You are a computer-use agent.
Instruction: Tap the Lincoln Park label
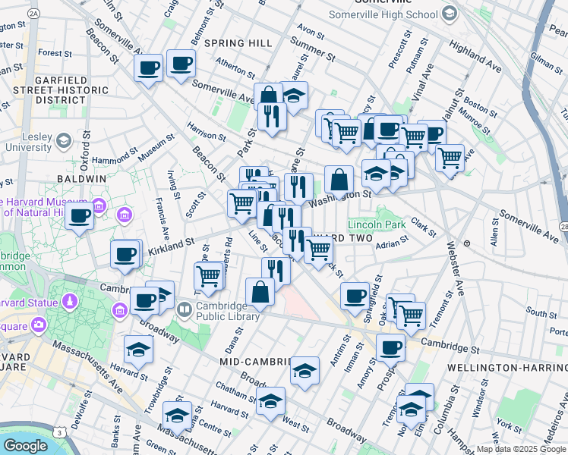pyautogui.click(x=372, y=224)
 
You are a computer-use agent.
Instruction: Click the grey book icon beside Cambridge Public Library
pyautogui.click(x=184, y=310)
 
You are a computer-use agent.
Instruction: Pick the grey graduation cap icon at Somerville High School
pyautogui.click(x=449, y=13)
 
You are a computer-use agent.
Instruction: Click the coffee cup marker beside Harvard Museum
pyautogui.click(x=80, y=215)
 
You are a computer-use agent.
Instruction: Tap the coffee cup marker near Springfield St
pyautogui.click(x=354, y=295)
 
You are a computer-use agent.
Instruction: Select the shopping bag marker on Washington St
pyautogui.click(x=339, y=180)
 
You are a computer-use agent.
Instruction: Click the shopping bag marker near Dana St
pyautogui.click(x=260, y=292)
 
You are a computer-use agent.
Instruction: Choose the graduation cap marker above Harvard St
pyautogui.click(x=139, y=349)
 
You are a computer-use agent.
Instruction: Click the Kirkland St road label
pyautogui.click(x=172, y=246)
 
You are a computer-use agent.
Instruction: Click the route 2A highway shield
pyautogui.click(x=33, y=14)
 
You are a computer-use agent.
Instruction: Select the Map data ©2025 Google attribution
pyautogui.click(x=521, y=449)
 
